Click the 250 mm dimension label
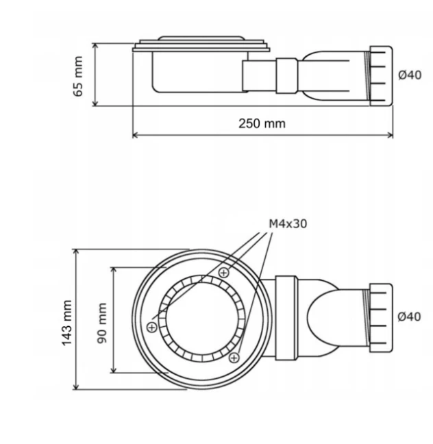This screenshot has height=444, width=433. pyautogui.click(x=262, y=123)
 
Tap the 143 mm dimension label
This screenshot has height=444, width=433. pyautogui.click(x=66, y=323)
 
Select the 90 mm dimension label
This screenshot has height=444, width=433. pyautogui.click(x=102, y=323)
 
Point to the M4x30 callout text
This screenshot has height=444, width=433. pyautogui.click(x=288, y=223)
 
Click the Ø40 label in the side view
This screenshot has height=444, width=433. pyautogui.click(x=410, y=75)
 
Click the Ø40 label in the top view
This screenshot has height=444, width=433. pyautogui.click(x=409, y=317)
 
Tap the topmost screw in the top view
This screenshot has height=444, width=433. pyautogui.click(x=224, y=273)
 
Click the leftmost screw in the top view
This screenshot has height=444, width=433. pyautogui.click(x=152, y=328)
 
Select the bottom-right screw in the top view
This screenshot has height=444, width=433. pyautogui.click(x=234, y=358)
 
